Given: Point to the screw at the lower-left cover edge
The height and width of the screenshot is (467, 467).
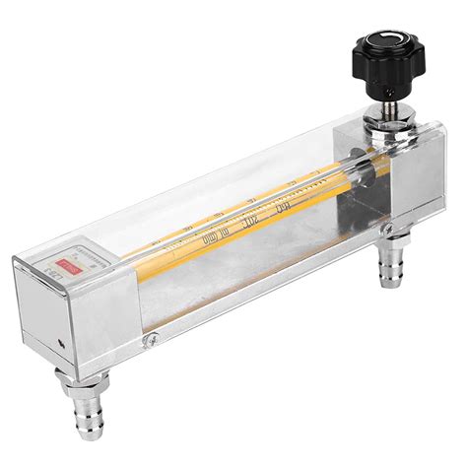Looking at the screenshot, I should pos(149,340).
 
